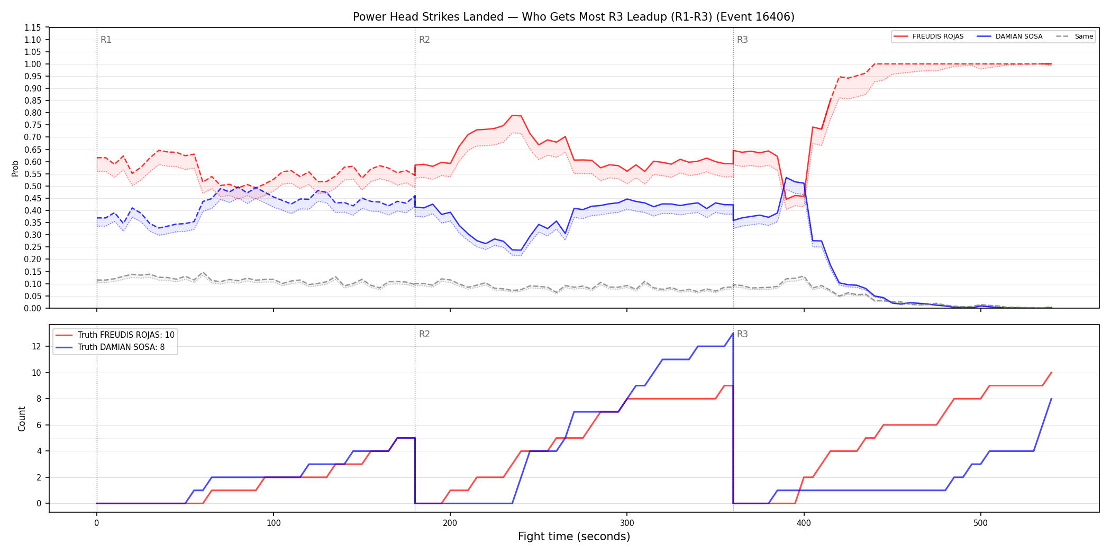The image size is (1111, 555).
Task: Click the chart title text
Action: (573, 17)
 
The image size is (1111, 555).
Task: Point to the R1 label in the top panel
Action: (106, 40)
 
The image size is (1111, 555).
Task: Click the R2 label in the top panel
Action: (424, 40)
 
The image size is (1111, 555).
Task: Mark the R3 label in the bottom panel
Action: (742, 334)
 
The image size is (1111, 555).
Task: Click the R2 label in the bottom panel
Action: (424, 334)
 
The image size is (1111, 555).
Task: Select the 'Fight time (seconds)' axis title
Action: (574, 536)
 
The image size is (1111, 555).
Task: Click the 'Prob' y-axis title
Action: (15, 168)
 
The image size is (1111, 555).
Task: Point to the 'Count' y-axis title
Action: (22, 419)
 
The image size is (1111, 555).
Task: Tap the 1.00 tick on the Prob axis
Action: (33, 64)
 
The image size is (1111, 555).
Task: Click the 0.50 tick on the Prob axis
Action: (33, 186)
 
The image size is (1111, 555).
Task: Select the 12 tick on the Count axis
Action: (36, 347)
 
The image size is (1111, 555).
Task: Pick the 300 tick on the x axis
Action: (627, 523)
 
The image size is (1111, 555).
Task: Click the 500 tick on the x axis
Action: (980, 523)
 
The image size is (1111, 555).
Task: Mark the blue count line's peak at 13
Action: (733, 334)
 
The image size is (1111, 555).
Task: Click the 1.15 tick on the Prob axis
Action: (33, 27)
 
